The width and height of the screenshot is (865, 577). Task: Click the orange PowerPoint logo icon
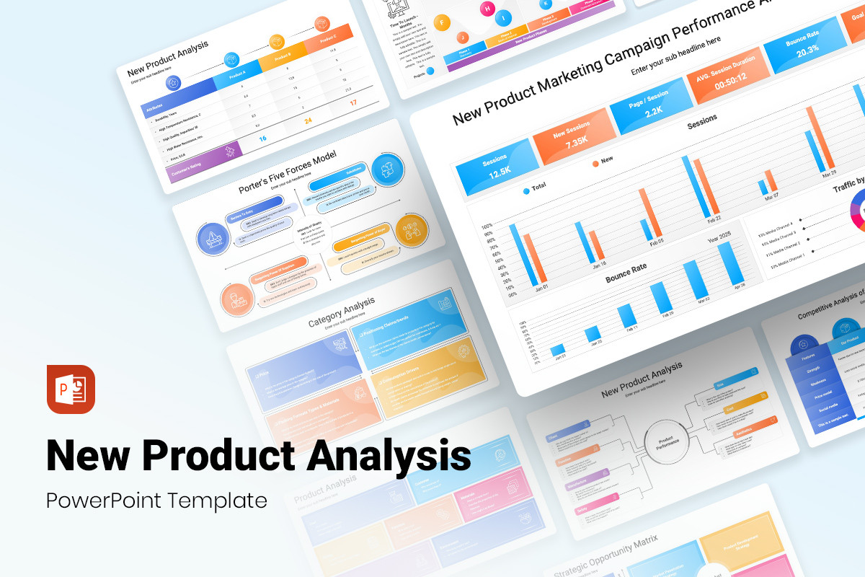[71, 389]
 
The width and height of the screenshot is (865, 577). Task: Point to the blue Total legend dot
[525, 191]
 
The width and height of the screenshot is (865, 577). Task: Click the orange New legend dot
[595, 164]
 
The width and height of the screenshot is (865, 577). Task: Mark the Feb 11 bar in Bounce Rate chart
[627, 316]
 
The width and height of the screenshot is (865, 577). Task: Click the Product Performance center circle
[665, 441]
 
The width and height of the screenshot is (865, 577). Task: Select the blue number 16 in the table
[262, 138]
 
